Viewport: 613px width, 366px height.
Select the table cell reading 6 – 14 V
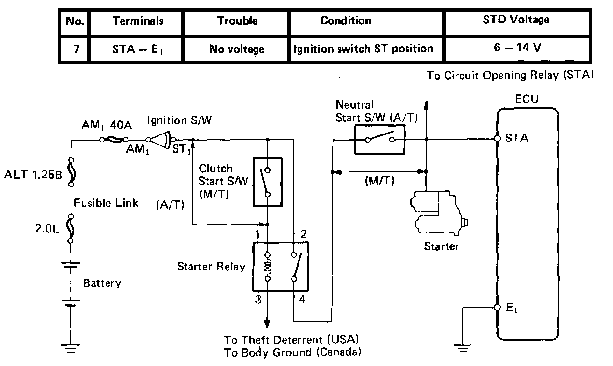tap(517, 49)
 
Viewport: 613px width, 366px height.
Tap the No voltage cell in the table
tap(236, 49)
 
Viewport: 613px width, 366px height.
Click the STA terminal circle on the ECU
tap(497, 139)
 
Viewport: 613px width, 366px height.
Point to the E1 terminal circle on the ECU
tap(497, 308)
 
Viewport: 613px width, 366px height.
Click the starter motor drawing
tap(439, 213)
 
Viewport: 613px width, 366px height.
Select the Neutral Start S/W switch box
tap(379, 140)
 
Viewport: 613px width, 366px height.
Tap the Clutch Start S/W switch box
tap(268, 182)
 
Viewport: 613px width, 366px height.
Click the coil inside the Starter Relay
tap(268, 267)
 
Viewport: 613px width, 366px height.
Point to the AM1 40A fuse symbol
tap(114, 140)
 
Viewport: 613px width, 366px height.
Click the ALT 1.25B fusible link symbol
tap(71, 172)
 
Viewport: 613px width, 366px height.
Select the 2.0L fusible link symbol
tap(71, 228)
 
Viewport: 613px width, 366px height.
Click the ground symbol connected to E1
tap(463, 348)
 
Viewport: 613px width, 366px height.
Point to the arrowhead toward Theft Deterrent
tap(267, 324)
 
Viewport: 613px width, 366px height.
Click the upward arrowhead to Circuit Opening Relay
tap(426, 106)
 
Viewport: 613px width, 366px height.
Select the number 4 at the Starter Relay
tap(302, 299)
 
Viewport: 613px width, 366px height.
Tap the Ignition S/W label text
tap(179, 120)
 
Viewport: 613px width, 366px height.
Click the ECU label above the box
tap(527, 99)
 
